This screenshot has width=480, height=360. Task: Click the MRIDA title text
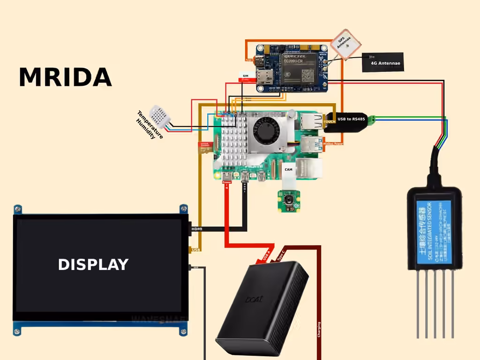65,77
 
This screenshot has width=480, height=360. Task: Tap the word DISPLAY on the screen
93,264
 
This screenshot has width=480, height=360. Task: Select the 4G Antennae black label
383,62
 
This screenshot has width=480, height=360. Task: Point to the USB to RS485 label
351,119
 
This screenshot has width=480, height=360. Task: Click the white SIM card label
245,75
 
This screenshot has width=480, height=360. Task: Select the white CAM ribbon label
288,169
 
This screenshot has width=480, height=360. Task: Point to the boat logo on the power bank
254,299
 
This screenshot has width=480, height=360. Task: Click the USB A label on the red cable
266,254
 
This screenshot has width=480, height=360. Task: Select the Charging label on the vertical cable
319,330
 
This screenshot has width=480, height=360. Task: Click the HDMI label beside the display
197,229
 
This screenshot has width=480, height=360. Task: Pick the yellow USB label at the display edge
195,250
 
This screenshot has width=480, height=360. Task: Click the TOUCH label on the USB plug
330,121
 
